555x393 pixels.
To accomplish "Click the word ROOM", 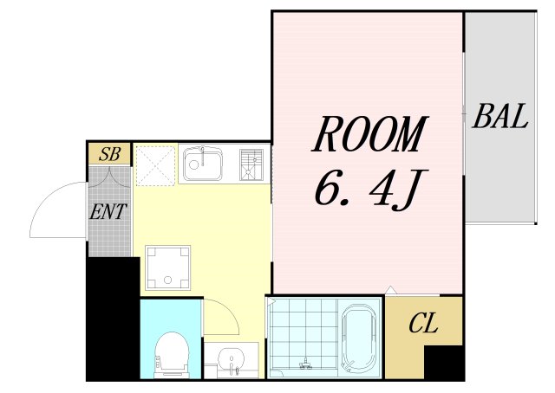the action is tap(370, 134).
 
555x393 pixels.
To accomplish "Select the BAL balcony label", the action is tap(500, 116).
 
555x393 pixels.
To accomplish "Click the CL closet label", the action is tap(423, 323).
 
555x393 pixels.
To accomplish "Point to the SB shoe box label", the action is tap(110, 154).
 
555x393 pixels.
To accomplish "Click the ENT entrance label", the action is tap(108, 211).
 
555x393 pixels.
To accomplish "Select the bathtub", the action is tap(359, 337).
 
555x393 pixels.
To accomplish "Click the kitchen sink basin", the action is tap(202, 164).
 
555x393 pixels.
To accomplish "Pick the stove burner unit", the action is tap(251, 164).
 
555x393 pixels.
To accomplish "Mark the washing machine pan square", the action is tap(167, 267).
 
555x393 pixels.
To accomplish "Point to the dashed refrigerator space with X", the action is tap(156, 165).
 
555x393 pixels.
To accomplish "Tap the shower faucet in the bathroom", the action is tap(305, 364).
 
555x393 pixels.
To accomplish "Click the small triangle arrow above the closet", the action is tap(390, 289).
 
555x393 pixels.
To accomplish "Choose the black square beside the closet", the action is tap(444, 363).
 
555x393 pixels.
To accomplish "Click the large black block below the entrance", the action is tap(114, 318).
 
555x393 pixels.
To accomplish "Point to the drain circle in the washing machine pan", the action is tap(167, 280).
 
